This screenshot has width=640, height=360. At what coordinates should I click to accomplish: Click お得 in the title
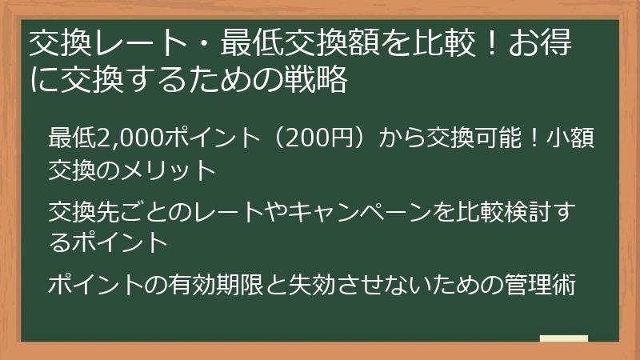(551, 44)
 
